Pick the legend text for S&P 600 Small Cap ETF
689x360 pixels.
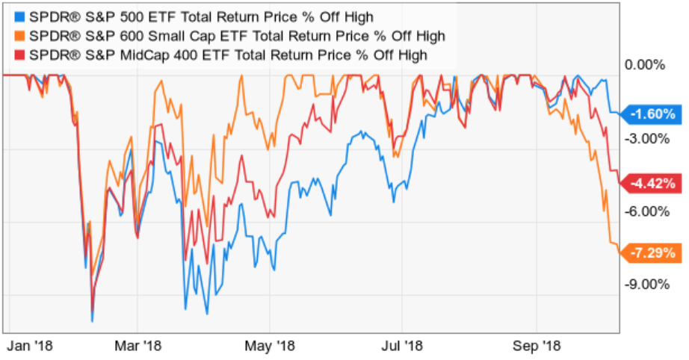232,35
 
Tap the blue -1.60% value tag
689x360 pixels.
652,114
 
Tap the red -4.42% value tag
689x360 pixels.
652,183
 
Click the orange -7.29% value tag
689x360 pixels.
652,253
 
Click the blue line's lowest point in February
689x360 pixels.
92,321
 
